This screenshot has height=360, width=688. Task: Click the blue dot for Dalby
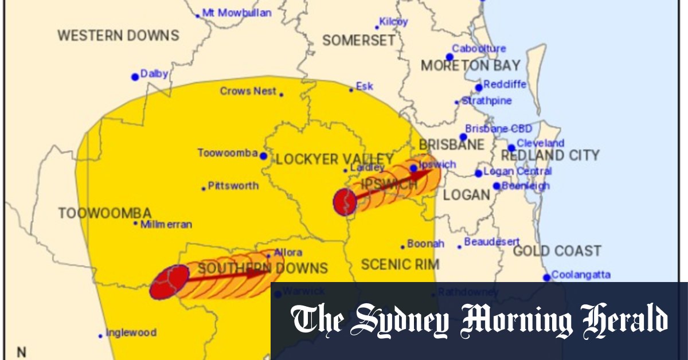coord(135,77)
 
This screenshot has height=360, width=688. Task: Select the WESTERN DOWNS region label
coord(118,35)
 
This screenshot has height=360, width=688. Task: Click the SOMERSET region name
coord(359,40)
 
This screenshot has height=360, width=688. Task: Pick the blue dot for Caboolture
coord(449,57)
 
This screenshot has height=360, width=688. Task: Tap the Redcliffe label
coord(505,85)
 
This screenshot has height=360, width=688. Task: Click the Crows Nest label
coord(248,91)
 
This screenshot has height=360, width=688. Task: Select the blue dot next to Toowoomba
coord(263,156)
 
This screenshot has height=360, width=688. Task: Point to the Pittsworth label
coord(233,186)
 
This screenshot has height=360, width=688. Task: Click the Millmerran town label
coord(166,224)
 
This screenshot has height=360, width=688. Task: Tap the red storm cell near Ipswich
coord(345,202)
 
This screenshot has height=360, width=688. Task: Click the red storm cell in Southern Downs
coord(169,281)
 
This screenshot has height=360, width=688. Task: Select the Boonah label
coord(425,244)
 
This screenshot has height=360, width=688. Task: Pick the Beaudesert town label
coord(492,242)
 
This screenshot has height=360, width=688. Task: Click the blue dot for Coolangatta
coord(547,277)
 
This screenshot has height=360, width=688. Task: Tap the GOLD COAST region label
coord(557,251)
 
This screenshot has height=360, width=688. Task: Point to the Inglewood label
coord(131,332)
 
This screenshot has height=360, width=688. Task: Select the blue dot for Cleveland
coord(511,148)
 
